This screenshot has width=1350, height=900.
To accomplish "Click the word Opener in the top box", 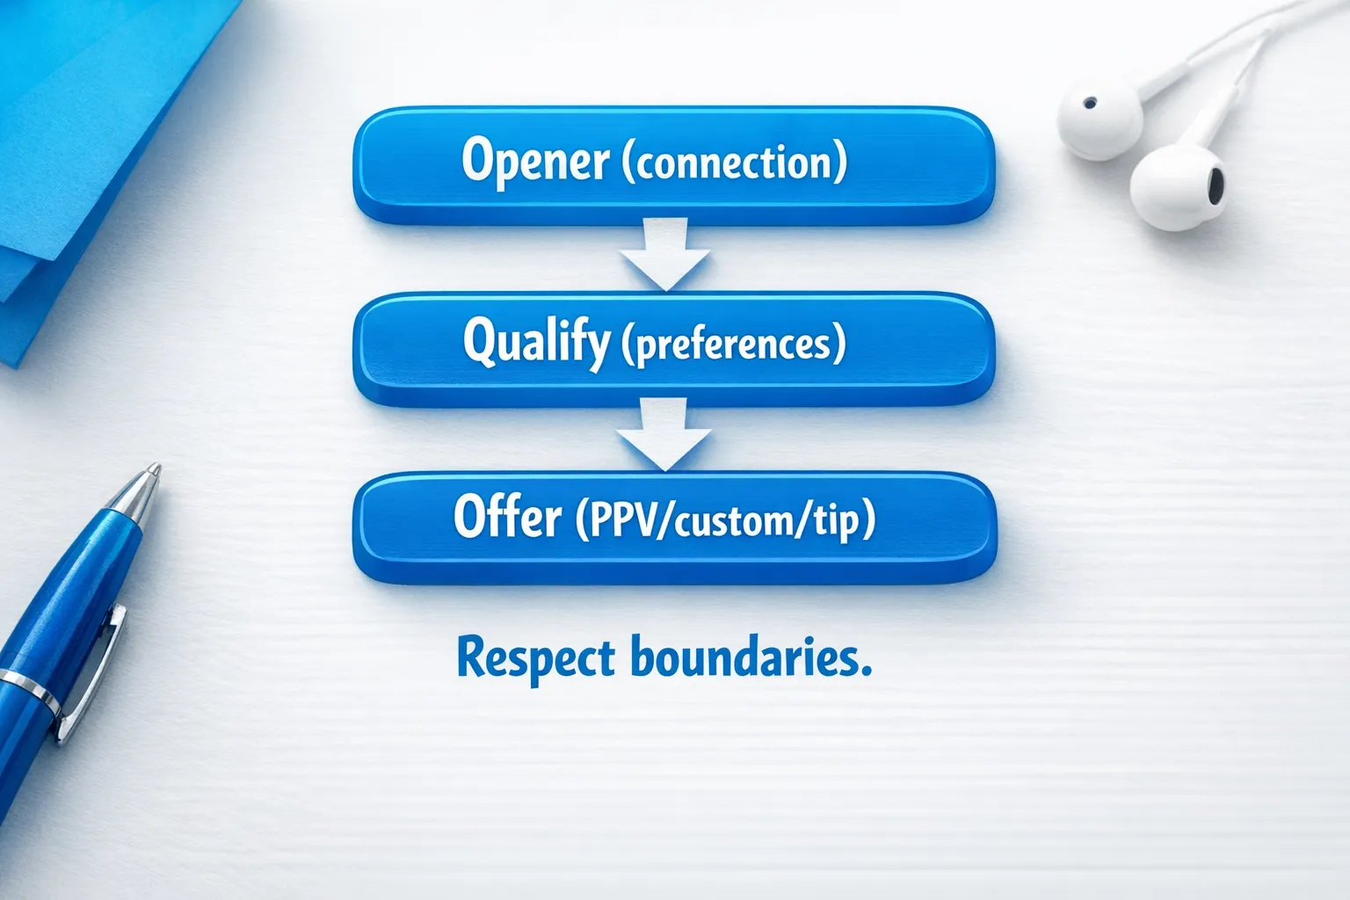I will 534,161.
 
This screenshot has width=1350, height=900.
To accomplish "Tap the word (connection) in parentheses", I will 734,163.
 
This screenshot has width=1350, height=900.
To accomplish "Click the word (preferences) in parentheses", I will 733,344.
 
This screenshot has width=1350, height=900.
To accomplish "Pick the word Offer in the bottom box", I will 507,517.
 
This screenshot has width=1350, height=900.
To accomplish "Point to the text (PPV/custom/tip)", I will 725,520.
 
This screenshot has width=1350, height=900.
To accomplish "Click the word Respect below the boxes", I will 535,659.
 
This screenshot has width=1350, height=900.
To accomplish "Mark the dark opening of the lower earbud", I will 1215,183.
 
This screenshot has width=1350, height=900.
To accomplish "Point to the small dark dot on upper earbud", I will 1090,103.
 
